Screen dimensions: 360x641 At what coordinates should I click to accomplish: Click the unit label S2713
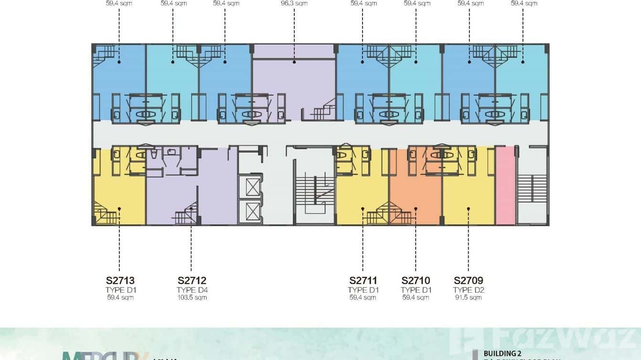pyautogui.click(x=120, y=281)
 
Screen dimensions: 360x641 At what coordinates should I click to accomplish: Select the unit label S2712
pyautogui.click(x=192, y=281)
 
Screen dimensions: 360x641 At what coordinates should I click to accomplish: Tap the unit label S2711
pyautogui.click(x=363, y=281)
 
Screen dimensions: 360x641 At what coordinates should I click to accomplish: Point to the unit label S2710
pyautogui.click(x=416, y=281)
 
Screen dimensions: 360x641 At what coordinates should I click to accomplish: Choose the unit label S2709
pyautogui.click(x=468, y=281)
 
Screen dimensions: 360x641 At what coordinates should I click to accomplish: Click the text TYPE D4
pyautogui.click(x=192, y=290)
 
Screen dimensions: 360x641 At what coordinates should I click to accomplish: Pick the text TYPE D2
pyautogui.click(x=468, y=290)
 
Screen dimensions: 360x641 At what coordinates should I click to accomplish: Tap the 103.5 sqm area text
pyautogui.click(x=192, y=297)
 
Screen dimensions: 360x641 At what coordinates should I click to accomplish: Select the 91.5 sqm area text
pyautogui.click(x=468, y=297)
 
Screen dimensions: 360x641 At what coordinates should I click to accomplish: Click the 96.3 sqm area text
pyautogui.click(x=294, y=3)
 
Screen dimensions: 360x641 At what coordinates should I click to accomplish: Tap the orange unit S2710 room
pyautogui.click(x=415, y=191)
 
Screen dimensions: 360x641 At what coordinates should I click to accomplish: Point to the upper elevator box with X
pyautogui.click(x=252, y=186)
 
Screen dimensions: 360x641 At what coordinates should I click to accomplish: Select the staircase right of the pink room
pyautogui.click(x=532, y=189)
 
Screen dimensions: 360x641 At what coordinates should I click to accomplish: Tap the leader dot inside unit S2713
pyautogui.click(x=119, y=209)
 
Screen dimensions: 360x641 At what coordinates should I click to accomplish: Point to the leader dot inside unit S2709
pyautogui.click(x=468, y=209)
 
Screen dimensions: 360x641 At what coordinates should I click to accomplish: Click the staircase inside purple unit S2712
pyautogui.click(x=185, y=217)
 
